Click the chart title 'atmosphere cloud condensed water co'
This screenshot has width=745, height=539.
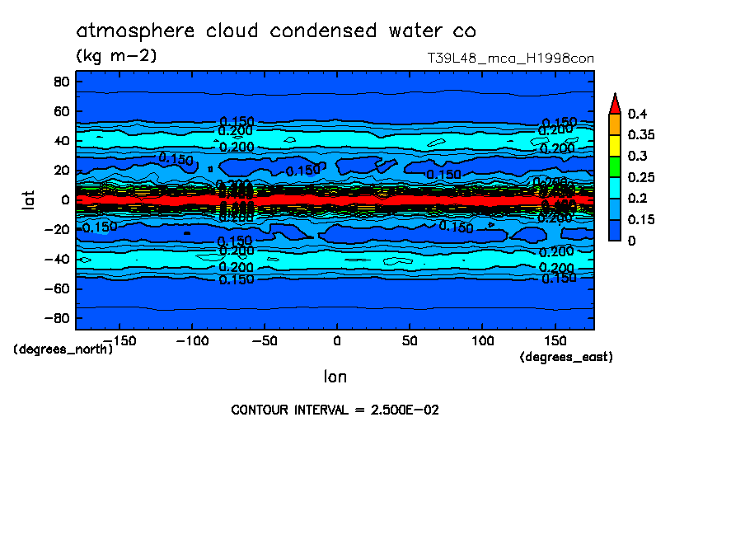click(276, 31)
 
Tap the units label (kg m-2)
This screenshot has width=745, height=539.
click(116, 56)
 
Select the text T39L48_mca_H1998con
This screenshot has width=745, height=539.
click(510, 59)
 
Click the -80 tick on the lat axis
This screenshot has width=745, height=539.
click(57, 318)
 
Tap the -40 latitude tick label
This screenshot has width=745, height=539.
click(57, 259)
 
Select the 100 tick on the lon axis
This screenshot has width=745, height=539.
click(482, 340)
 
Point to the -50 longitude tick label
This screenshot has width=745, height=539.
click(264, 340)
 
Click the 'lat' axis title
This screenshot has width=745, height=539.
click(28, 199)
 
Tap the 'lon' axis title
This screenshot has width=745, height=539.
click(335, 377)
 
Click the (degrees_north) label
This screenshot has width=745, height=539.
click(63, 349)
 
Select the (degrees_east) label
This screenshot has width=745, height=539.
click(566, 358)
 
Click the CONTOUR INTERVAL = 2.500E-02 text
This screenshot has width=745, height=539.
click(335, 410)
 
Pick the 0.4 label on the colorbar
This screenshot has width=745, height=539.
click(636, 114)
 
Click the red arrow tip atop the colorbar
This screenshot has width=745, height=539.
click(614, 102)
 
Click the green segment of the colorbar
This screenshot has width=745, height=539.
click(614, 166)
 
